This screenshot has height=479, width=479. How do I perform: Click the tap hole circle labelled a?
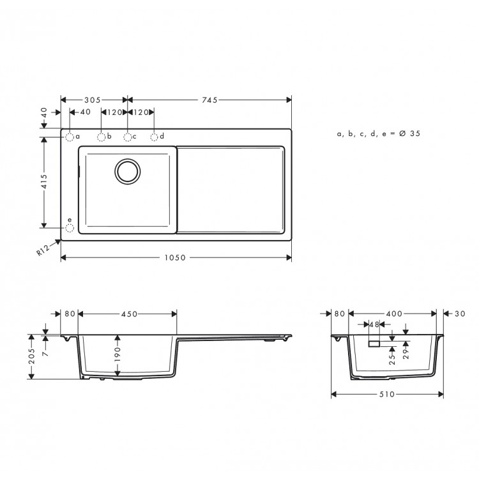pyautogui.click(x=70, y=137)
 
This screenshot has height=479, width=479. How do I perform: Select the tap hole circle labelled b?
pyautogui.click(x=101, y=137)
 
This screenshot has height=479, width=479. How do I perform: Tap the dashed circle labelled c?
pyautogui.click(x=128, y=137)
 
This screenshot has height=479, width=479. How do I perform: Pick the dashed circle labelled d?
pyautogui.click(x=155, y=137)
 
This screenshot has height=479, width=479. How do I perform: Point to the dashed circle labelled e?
pyautogui.click(x=70, y=227)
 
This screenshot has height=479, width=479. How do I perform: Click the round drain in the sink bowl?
pyautogui.click(x=126, y=171)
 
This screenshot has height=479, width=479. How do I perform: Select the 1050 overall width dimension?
pyautogui.click(x=175, y=258)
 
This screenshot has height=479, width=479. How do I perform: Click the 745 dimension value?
pyautogui.click(x=209, y=100)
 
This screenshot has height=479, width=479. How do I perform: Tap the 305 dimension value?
pyautogui.click(x=93, y=100)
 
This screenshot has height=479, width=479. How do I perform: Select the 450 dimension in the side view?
pyautogui.click(x=130, y=314)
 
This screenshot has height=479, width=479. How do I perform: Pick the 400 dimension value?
pyautogui.click(x=395, y=314)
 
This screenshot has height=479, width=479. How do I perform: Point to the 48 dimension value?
pyautogui.click(x=373, y=324)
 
